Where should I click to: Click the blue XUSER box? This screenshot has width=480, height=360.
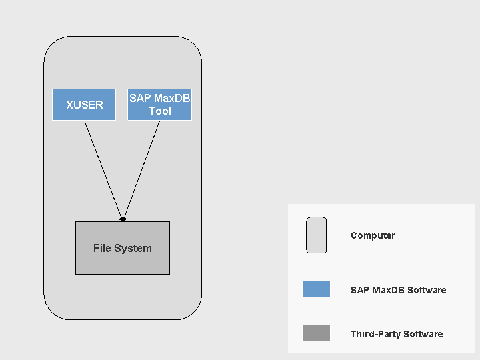point(84,105)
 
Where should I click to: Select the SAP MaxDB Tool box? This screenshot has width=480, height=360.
point(159,105)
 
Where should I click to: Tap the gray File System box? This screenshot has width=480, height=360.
point(123,248)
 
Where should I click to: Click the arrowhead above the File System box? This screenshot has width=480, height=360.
point(123,218)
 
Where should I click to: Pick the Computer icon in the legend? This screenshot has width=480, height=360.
point(316,235)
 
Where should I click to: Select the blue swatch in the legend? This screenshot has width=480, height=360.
point(316,289)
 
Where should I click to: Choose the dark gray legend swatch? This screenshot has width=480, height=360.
point(316,333)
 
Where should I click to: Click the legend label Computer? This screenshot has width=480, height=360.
point(373,235)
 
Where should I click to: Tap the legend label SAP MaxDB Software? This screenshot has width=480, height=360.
point(398,290)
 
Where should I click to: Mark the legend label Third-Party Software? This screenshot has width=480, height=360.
point(396,334)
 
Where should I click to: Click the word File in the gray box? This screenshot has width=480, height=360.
point(102,248)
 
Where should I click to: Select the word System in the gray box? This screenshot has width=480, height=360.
point(133,248)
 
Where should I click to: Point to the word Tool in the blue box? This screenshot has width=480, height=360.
point(160,111)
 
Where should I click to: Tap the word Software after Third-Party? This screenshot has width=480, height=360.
point(423,334)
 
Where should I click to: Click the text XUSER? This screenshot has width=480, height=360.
point(84,105)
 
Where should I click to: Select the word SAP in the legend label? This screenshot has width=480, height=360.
point(359,290)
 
